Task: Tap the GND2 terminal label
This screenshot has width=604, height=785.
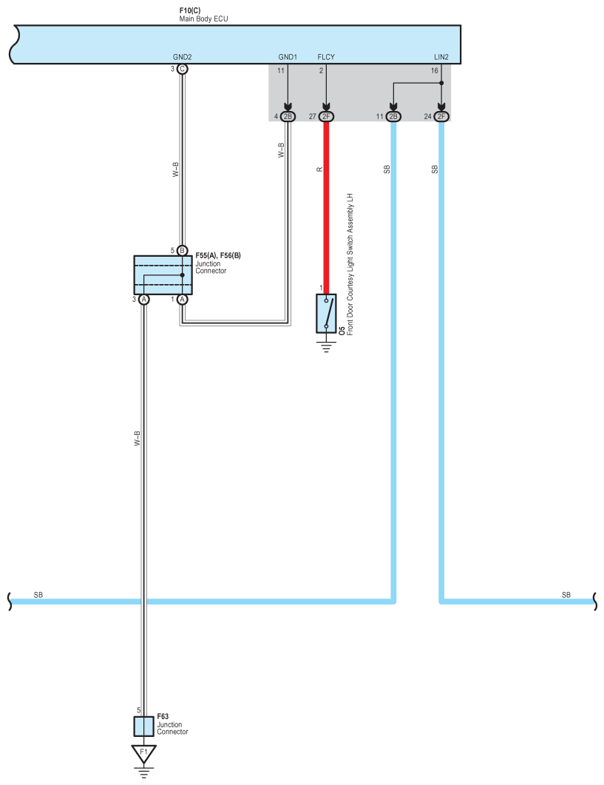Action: tap(182, 56)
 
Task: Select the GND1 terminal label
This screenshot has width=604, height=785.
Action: tap(288, 56)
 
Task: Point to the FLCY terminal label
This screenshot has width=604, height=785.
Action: tap(325, 56)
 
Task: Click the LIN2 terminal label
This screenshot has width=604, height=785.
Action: tap(441, 56)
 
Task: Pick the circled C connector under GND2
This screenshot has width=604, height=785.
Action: tap(182, 69)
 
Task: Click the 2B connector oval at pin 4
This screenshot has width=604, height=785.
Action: tap(288, 116)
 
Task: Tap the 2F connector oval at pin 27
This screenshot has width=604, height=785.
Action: tap(325, 116)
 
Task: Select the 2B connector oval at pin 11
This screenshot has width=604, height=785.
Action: tap(393, 116)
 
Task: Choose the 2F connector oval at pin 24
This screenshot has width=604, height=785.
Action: tap(441, 116)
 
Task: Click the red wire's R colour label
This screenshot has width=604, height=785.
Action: tap(319, 169)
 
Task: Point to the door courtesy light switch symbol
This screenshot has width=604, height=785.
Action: tap(325, 313)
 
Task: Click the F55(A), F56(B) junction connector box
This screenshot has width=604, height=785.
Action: tap(163, 274)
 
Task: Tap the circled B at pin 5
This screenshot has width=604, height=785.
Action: tap(182, 250)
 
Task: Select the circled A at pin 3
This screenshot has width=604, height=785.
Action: tap(144, 299)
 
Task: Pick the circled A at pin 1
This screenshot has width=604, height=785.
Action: tap(182, 299)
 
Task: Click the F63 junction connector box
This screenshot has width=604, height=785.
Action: tap(143, 726)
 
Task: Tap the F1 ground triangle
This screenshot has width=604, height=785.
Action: tap(143, 753)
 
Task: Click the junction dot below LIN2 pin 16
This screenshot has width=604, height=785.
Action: tap(441, 83)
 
